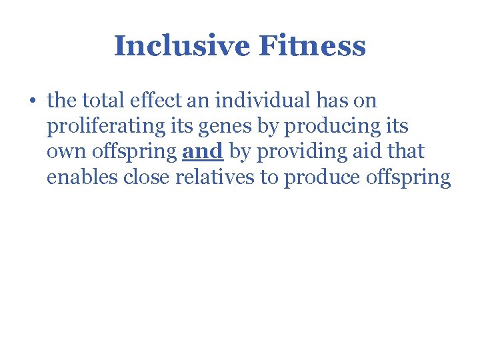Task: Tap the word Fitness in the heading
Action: click(312, 47)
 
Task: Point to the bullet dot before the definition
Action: click(32, 102)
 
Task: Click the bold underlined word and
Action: click(202, 151)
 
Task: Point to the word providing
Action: click(301, 153)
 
